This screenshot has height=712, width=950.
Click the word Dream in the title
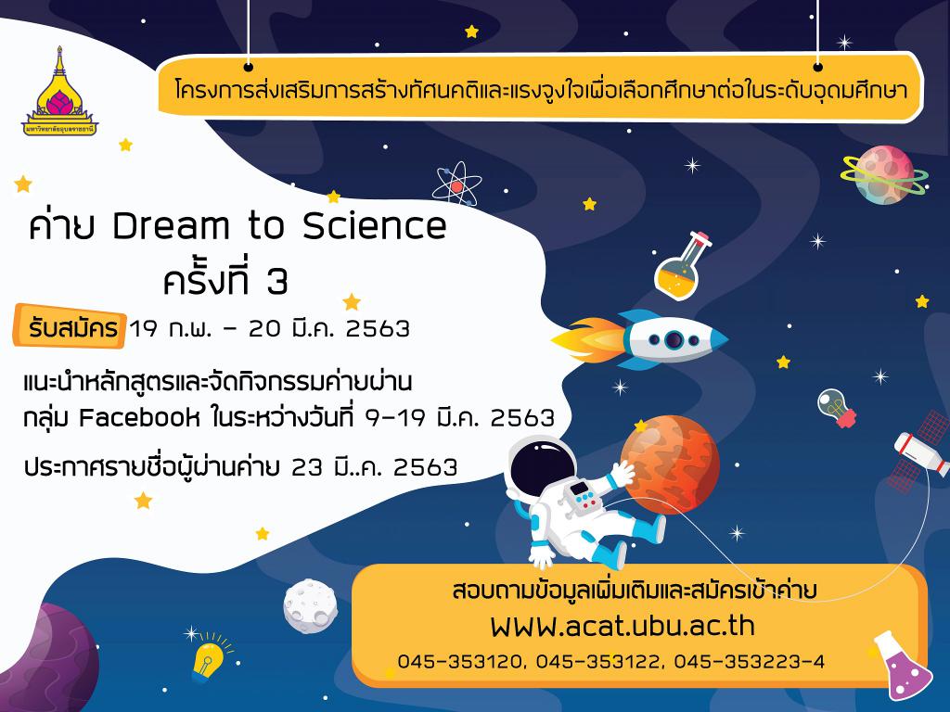(171, 226)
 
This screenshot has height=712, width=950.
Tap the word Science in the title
(375, 226)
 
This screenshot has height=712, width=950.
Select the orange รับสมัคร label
(70, 327)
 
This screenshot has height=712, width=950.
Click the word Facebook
(139, 417)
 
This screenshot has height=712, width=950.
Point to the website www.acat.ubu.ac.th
(623, 627)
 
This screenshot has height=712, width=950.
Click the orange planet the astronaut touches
(670, 464)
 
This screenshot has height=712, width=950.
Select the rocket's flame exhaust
(587, 339)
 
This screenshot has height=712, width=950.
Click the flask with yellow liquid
(682, 266)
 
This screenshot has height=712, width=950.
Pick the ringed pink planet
(884, 174)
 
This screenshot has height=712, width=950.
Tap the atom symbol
(456, 184)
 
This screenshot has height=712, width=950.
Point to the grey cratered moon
(310, 606)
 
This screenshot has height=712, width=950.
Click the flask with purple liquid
(903, 666)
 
